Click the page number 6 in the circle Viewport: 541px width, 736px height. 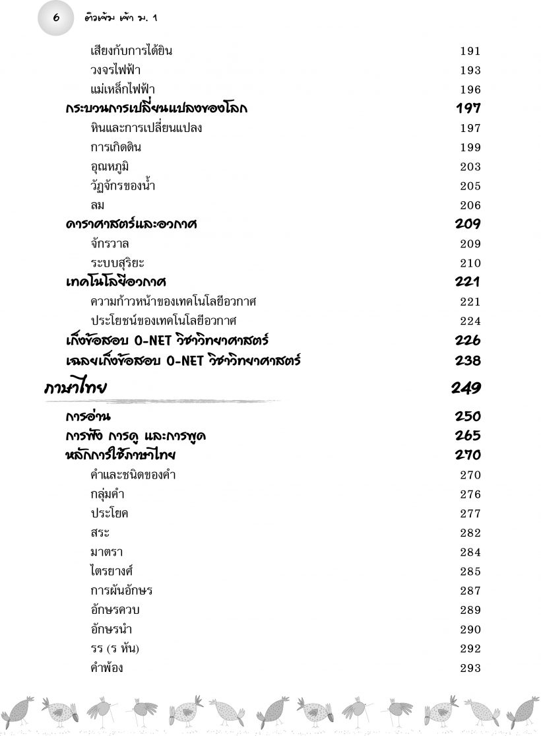55,17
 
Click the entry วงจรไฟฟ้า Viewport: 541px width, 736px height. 115,71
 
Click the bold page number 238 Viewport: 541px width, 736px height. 468,361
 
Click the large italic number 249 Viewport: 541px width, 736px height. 466,388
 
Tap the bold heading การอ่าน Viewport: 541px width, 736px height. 88,417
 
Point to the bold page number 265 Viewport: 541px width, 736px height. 468,436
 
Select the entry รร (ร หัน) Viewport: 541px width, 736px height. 115,649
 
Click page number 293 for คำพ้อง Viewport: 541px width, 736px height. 470,669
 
